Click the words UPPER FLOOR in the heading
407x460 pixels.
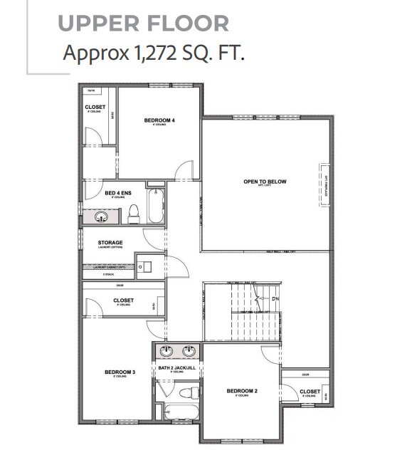pyautogui.click(x=143, y=23)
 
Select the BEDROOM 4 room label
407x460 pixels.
pyautogui.click(x=159, y=120)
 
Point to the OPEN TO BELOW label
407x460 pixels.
pyautogui.click(x=265, y=182)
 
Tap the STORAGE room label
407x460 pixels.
pyautogui.click(x=110, y=243)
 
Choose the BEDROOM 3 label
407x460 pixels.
pyautogui.click(x=120, y=372)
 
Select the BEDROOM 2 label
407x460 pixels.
pyautogui.click(x=241, y=391)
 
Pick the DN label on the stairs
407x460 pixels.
pyautogui.click(x=275, y=298)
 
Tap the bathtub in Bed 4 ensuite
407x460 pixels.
pyautogui.click(x=155, y=207)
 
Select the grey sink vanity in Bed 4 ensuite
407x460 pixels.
pyautogui.click(x=98, y=216)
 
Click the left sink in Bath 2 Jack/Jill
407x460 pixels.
pyautogui.click(x=166, y=350)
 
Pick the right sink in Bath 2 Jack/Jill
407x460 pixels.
pyautogui.click(x=189, y=350)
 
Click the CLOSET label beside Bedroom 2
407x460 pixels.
pyautogui.click(x=310, y=392)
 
